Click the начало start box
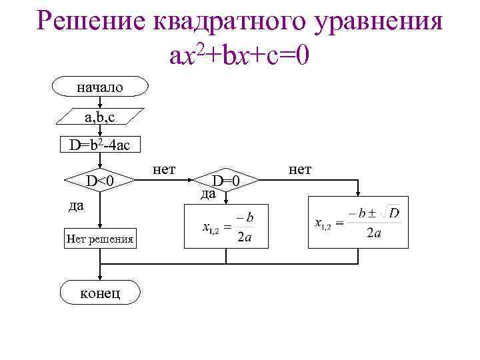100,87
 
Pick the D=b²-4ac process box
100,144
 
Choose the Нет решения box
100,237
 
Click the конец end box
100,293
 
